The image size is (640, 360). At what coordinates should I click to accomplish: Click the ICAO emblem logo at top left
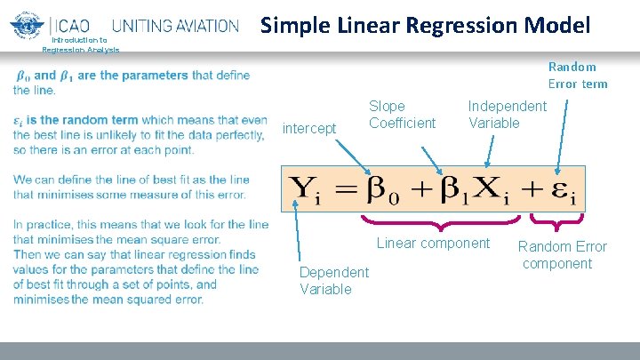pos(27,24)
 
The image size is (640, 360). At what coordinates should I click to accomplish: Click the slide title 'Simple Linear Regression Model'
pos(425,25)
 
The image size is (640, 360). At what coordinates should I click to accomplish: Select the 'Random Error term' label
pos(578,76)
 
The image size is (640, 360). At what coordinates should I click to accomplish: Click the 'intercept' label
pos(309,129)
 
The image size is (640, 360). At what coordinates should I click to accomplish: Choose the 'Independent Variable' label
pos(507,115)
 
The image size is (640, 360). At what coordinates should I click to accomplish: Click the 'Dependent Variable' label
pos(333,280)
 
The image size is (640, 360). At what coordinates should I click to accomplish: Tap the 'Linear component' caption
pos(433,244)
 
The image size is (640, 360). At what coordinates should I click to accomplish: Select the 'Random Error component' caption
pos(562,254)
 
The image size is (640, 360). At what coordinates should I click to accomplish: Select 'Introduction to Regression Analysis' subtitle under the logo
pos(80,44)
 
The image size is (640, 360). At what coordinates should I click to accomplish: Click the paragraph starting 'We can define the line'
pos(131,187)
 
